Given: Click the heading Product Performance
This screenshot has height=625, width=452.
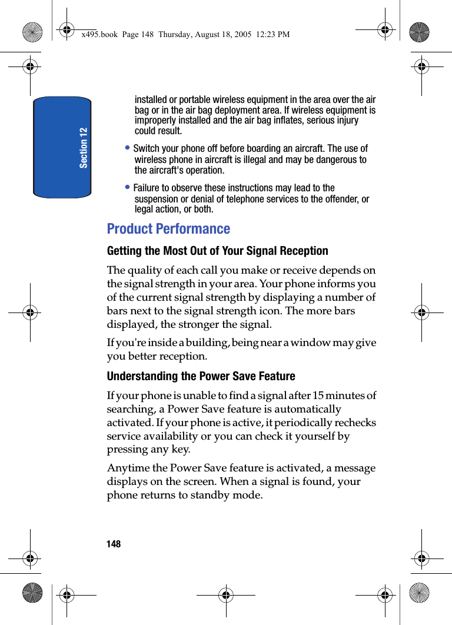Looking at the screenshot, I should [x=168, y=229].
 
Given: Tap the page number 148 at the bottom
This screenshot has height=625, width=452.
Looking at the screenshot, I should [x=114, y=544].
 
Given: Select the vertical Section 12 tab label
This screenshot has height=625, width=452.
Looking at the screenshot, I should [x=84, y=147].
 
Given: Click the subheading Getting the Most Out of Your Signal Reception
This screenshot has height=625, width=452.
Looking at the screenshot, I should [x=217, y=251].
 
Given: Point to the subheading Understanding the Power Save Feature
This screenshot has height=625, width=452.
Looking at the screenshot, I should [x=201, y=376].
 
